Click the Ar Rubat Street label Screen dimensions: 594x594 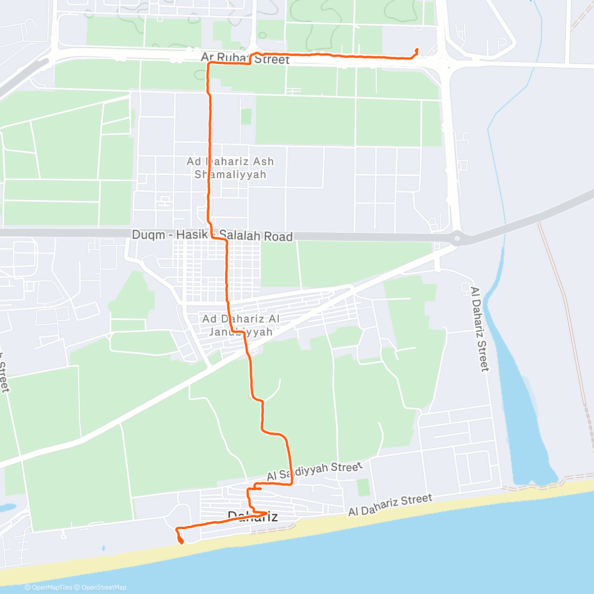click(x=245, y=58)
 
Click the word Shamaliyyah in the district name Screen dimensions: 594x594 click(x=230, y=174)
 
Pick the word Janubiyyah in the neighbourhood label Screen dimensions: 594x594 click(x=241, y=332)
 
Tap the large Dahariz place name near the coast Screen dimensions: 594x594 click(x=252, y=517)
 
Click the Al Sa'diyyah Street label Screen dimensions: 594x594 click(x=315, y=472)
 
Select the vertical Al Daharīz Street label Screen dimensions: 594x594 click(x=479, y=329)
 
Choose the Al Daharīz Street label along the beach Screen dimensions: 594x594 click(x=390, y=505)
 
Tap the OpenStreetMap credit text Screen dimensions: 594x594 click(x=104, y=588)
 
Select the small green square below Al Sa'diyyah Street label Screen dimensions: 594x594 click(x=363, y=488)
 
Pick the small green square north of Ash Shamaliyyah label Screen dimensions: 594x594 click(x=246, y=117)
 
